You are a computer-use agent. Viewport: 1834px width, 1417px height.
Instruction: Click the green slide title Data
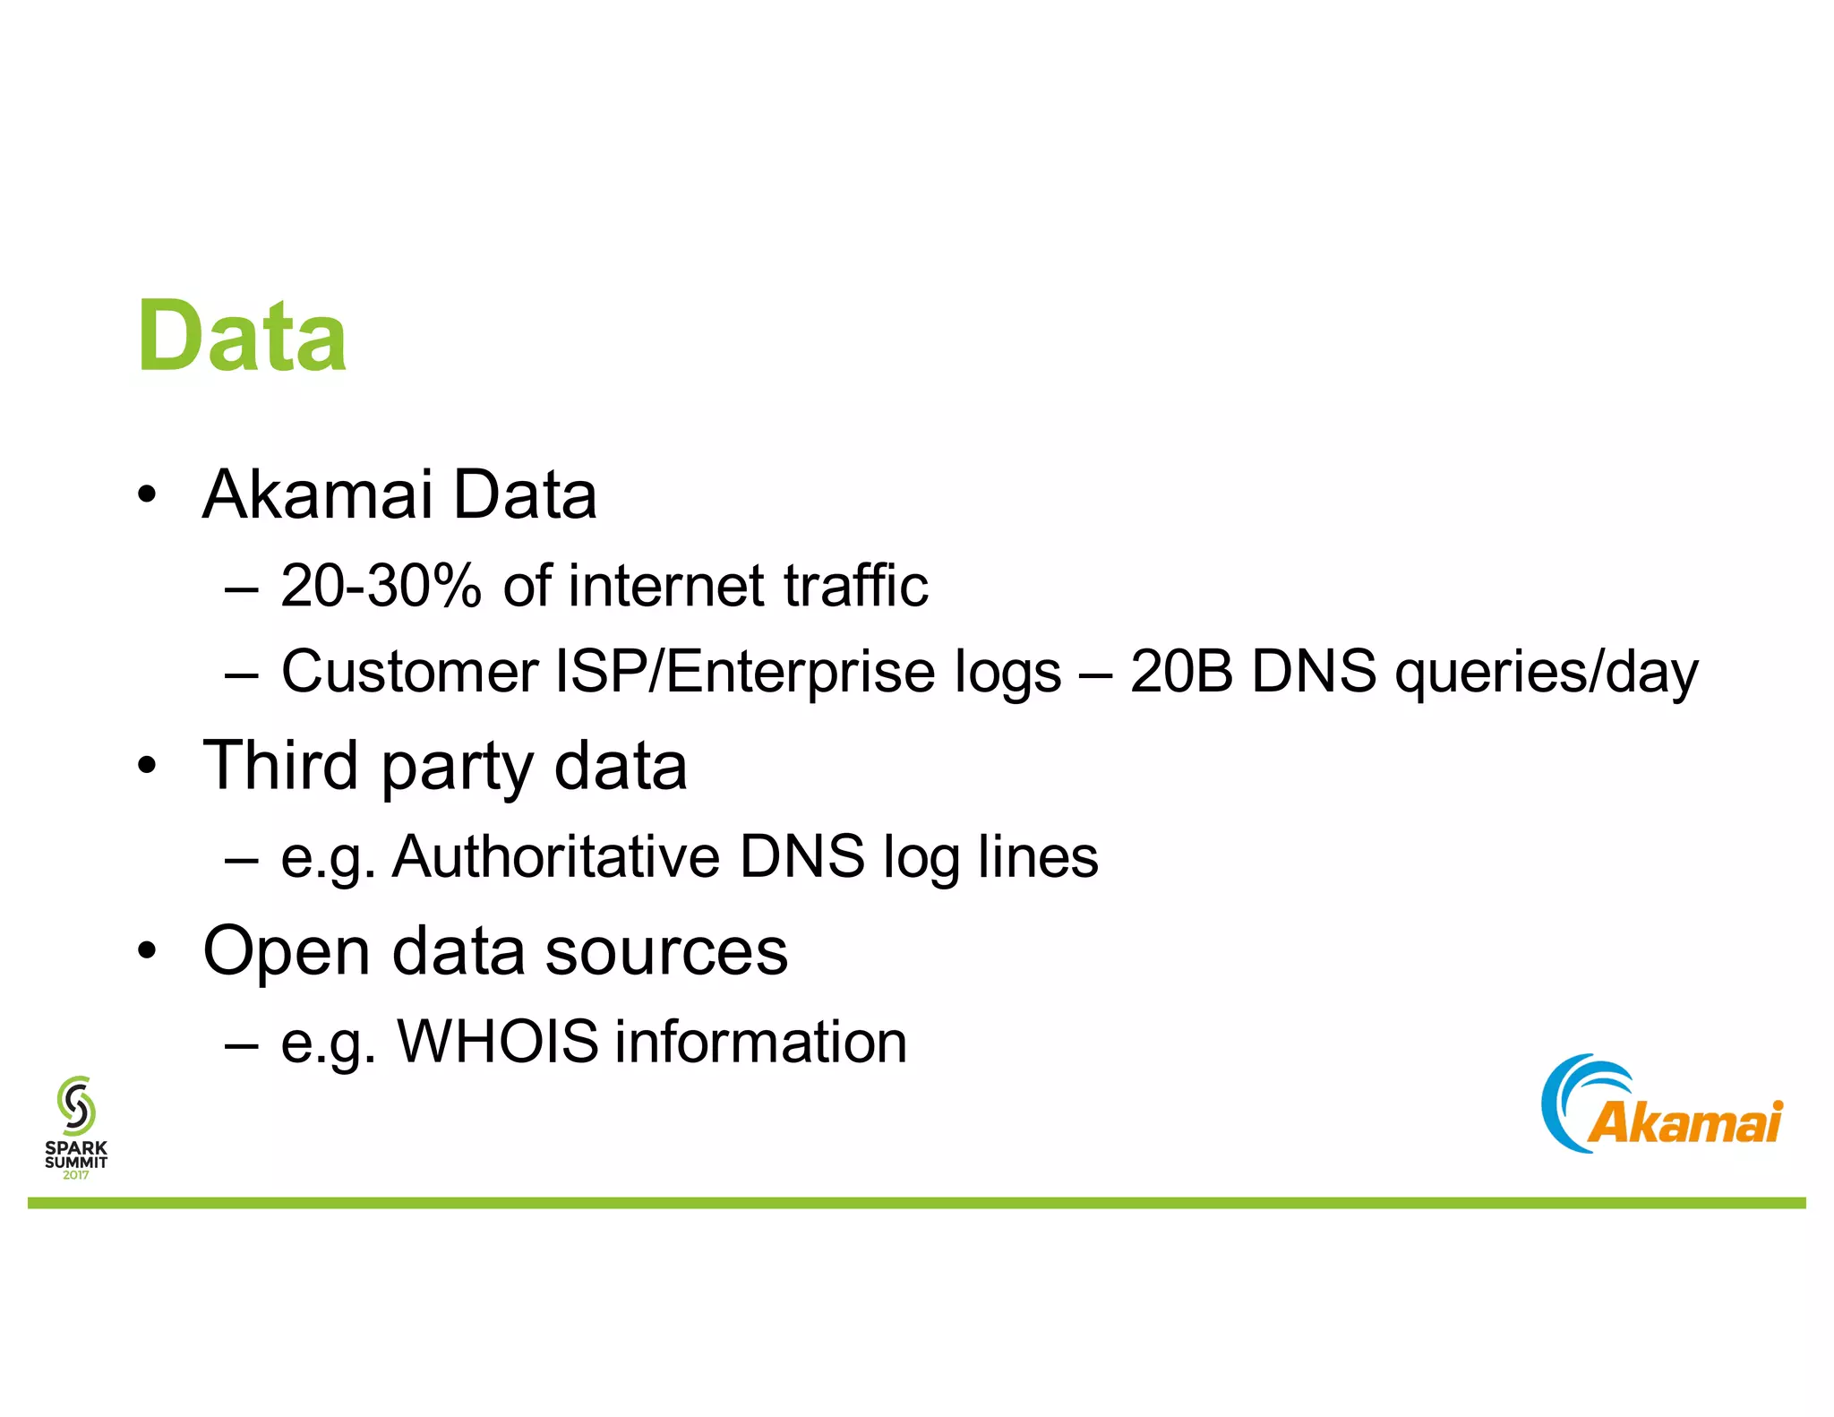coord(242,337)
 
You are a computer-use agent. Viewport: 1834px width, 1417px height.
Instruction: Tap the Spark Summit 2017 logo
coord(76,1127)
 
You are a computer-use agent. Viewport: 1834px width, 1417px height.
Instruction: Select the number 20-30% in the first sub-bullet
coord(381,587)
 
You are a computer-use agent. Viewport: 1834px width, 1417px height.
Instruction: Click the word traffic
coord(855,587)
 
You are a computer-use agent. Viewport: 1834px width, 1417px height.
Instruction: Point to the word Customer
coord(409,672)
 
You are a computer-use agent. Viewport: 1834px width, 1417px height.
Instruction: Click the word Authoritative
coord(556,857)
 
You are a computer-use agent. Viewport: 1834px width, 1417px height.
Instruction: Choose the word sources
coord(666,951)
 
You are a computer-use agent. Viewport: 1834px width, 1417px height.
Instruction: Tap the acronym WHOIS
coord(498,1042)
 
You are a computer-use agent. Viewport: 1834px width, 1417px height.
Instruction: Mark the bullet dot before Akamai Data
coord(148,494)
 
